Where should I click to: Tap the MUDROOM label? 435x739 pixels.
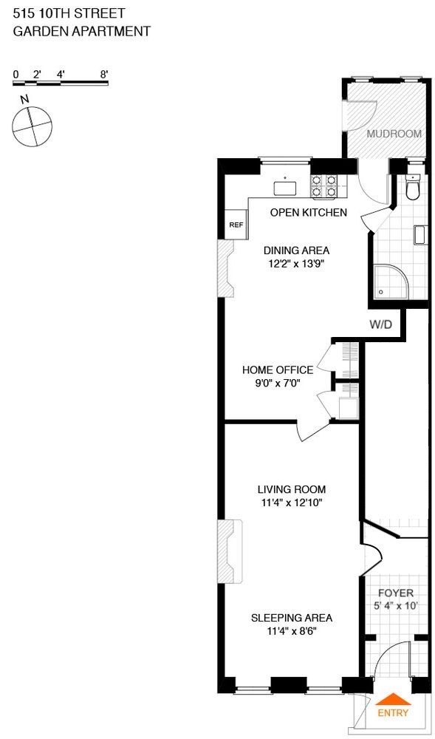pyautogui.click(x=394, y=134)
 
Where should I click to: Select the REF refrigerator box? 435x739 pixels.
pyautogui.click(x=236, y=225)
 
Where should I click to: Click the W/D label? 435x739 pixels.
pyautogui.click(x=380, y=324)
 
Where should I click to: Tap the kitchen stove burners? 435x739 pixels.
pyautogui.click(x=324, y=186)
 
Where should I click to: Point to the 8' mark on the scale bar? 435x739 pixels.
pyautogui.click(x=104, y=74)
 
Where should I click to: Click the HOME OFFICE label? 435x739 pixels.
pyautogui.click(x=277, y=369)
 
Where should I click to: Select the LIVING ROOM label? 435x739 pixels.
pyautogui.click(x=291, y=489)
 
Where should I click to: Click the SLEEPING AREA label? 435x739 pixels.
pyautogui.click(x=291, y=618)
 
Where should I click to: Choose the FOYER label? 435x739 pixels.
pyautogui.click(x=396, y=593)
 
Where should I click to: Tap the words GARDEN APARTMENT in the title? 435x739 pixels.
pyautogui.click(x=82, y=31)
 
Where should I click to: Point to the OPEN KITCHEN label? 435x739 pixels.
pyautogui.click(x=308, y=213)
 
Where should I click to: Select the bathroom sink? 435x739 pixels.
pyautogui.click(x=419, y=235)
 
